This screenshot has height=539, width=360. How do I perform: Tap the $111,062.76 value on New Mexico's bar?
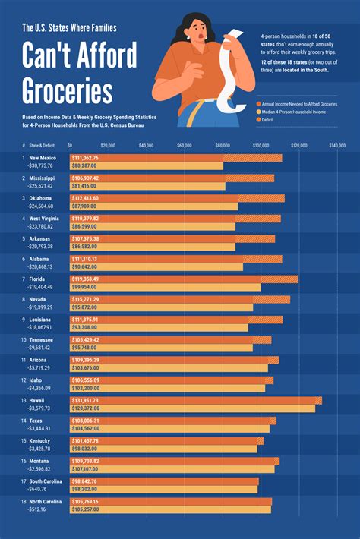click(85, 158)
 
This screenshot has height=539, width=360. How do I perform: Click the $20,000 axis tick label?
click(108, 143)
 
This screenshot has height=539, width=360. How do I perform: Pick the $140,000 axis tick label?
click(336, 143)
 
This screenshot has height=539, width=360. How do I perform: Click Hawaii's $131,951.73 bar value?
click(85, 400)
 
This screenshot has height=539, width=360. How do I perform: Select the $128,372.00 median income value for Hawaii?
click(85, 408)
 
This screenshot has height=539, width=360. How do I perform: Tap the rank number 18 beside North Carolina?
click(24, 502)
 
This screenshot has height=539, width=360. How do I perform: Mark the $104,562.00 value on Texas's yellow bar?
click(85, 428)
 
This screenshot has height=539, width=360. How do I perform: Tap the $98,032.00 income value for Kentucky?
click(84, 449)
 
